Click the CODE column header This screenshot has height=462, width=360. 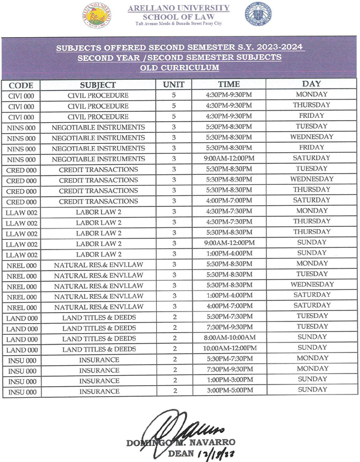20,85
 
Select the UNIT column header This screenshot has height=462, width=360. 173,85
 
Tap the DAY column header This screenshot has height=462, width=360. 312,84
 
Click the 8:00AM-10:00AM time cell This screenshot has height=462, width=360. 229,338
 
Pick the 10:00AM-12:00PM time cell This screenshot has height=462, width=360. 229,348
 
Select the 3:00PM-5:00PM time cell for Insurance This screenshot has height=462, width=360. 229,391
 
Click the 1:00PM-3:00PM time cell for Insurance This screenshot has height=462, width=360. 229,380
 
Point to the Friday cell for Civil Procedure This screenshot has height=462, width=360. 312,116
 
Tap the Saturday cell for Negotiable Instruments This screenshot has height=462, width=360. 312,158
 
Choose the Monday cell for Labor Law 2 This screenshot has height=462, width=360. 312,211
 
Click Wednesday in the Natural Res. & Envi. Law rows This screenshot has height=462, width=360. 312,284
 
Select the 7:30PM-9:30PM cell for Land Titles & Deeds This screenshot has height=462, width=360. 229,327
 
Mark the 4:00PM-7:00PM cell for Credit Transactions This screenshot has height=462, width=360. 229,200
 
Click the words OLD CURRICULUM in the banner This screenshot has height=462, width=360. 179,68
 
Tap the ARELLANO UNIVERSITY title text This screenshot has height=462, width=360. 178,8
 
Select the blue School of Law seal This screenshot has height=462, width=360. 259,15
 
